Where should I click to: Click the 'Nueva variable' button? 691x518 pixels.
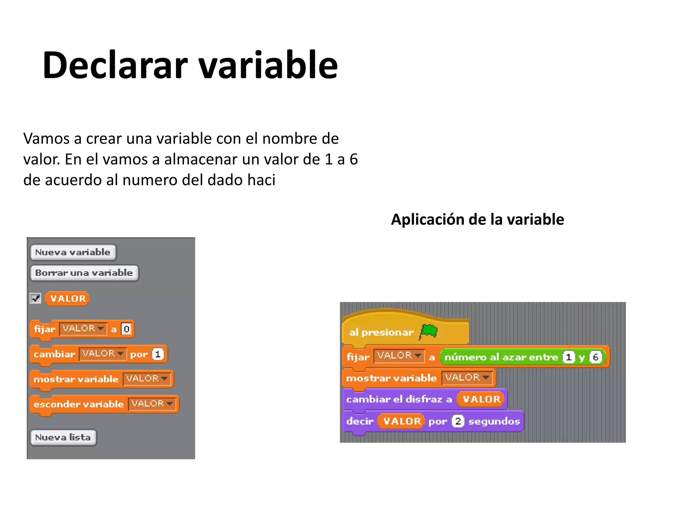[73, 252]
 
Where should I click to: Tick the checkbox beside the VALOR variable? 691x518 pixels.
[35, 298]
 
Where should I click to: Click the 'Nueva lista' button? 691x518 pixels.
[63, 437]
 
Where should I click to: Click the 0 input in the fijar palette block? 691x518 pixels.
[126, 329]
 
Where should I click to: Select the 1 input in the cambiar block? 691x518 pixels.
[158, 354]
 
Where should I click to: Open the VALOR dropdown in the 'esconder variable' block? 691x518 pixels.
[152, 404]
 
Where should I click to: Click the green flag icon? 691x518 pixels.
[429, 332]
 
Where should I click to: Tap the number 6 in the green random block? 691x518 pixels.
[596, 357]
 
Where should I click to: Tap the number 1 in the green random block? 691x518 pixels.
[569, 357]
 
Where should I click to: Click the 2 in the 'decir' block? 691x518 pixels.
[458, 421]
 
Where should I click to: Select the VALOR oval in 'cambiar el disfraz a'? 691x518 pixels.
[481, 399]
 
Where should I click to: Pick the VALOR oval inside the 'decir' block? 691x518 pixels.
[402, 421]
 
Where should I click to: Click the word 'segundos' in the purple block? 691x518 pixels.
[494, 421]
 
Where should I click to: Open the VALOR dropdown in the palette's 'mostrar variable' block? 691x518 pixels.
[147, 379]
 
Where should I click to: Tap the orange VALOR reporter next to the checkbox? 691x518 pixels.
[67, 298]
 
